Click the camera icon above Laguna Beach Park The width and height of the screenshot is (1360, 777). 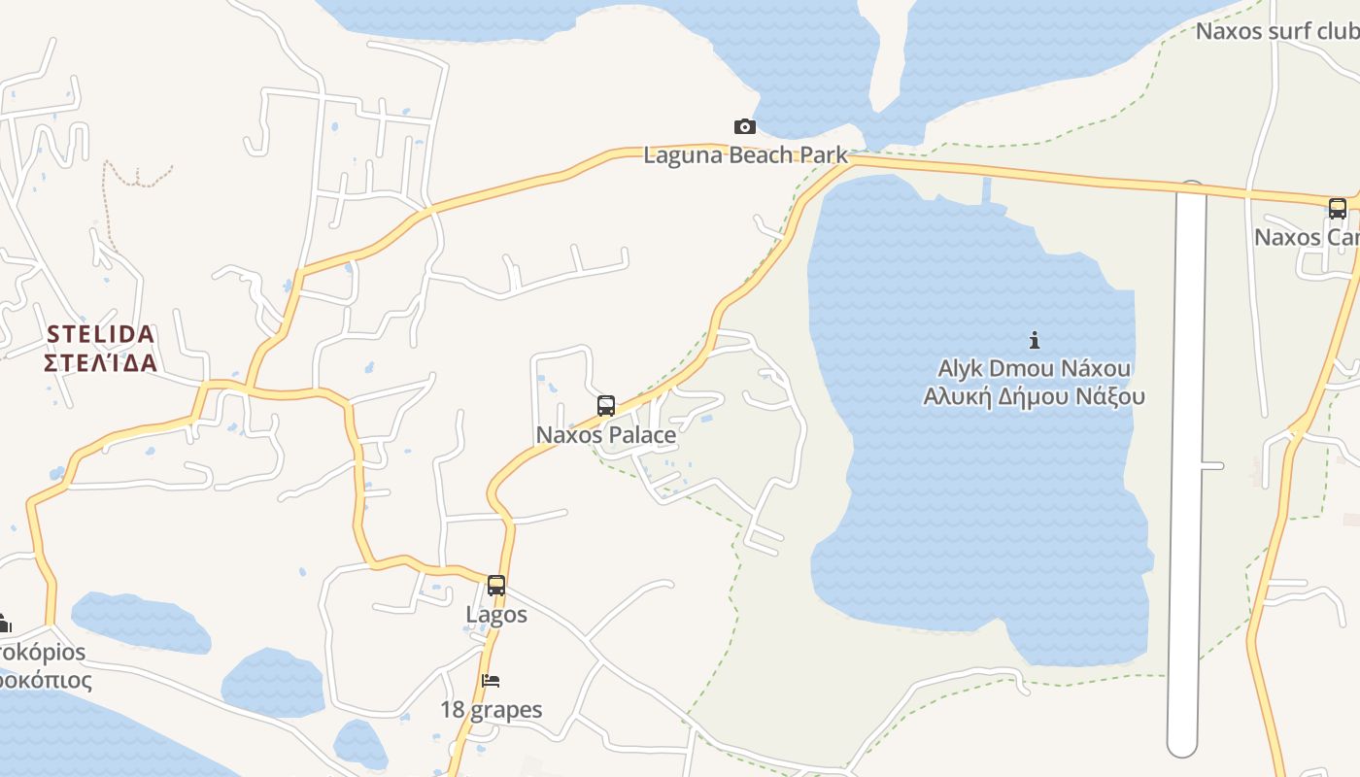coord(745,126)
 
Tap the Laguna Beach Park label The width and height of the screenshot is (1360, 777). coord(745,155)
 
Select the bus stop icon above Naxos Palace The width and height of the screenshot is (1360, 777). coord(606,406)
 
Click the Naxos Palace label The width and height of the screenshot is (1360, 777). coord(606,435)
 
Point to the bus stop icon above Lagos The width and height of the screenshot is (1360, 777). coord(496,586)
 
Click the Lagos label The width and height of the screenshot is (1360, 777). coord(496,615)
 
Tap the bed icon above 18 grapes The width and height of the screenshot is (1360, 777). coord(492,681)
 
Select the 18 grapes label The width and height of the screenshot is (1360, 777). coord(492,710)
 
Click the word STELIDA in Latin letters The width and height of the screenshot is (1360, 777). coord(101,335)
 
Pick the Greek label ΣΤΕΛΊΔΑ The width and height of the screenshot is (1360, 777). coord(101,363)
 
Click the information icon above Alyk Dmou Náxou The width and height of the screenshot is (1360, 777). coord(1035,340)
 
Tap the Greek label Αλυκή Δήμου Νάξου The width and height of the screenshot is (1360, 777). coord(1035,396)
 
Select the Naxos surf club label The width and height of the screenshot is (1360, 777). coord(1276,31)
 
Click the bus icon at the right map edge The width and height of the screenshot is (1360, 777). coord(1338,208)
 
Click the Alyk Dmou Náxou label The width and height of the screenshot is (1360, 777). coord(1035,369)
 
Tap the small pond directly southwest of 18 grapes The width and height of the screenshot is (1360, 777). coord(359,743)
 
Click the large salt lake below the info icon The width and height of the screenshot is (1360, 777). coord(971,505)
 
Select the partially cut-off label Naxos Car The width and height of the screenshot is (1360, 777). coord(1306,237)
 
